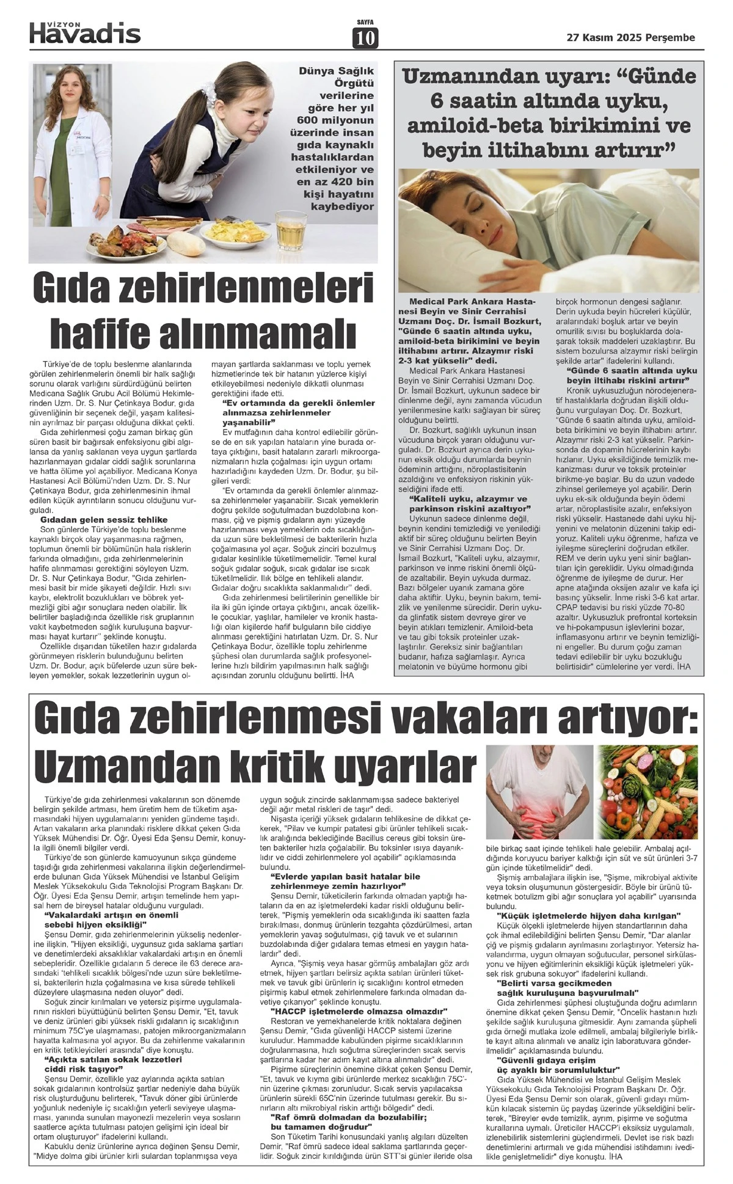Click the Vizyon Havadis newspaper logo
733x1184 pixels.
point(85,32)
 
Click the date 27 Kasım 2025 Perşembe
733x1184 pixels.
point(631,38)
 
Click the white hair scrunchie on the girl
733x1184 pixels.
point(213,92)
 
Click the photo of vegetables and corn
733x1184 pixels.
point(649,792)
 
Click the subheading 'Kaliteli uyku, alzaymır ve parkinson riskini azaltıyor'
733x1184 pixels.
point(469,503)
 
